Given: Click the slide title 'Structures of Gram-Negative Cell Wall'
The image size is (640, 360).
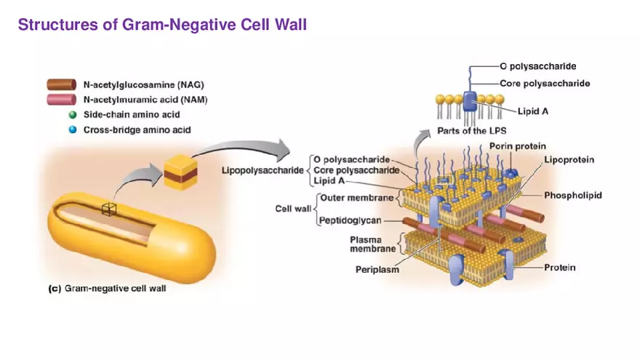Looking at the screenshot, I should coord(162,25).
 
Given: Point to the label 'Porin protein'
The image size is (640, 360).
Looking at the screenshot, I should coord(517,146).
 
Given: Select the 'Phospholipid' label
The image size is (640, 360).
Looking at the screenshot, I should coord(572,196).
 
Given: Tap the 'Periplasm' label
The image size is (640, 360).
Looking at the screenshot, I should coord(377,270).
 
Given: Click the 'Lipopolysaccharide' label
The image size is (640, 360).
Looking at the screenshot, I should coord(263,169).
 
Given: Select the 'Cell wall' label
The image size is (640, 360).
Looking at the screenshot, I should coord(293,209).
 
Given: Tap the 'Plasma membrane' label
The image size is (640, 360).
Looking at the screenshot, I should coord(372,244).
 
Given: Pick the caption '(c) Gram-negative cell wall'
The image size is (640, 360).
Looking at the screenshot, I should coord(107,289).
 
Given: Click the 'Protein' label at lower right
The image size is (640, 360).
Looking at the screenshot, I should coord(560,268).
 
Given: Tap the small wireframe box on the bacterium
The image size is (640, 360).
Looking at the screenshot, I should coord(109,209).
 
